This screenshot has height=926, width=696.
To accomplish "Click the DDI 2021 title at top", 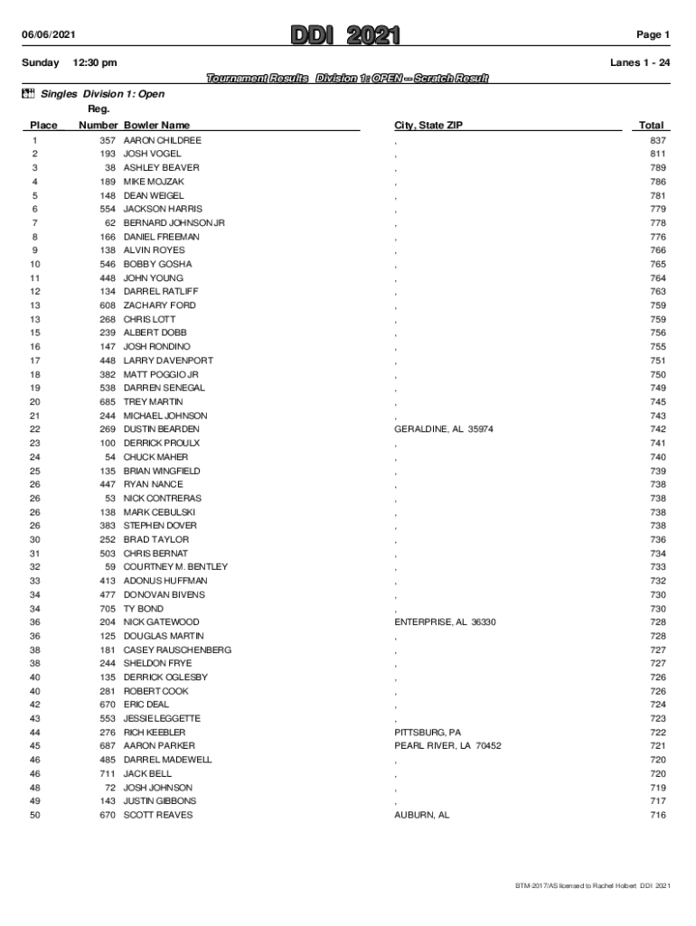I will click(345, 35).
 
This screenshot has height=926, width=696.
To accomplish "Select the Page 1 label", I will click(653, 35).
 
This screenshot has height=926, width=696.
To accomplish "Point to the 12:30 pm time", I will click(94, 62).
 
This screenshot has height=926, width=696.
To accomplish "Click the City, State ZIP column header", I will click(428, 126).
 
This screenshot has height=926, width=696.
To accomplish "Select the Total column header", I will click(651, 126).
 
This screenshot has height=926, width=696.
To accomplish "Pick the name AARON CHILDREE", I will click(163, 141).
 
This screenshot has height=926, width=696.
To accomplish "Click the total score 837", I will click(657, 141).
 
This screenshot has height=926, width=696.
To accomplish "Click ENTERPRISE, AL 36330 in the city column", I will click(445, 622).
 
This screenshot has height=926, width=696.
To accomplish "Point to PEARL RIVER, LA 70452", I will click(447, 746).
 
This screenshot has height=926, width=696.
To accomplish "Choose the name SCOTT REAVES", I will click(158, 815).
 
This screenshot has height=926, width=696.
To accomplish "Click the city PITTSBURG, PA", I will click(428, 732).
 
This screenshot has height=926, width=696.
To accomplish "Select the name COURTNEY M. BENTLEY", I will click(175, 567).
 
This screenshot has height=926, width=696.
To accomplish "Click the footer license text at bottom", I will click(587, 885).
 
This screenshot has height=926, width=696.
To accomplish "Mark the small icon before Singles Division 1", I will click(27, 93).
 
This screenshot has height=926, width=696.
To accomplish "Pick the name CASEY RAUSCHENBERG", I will click(177, 650).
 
